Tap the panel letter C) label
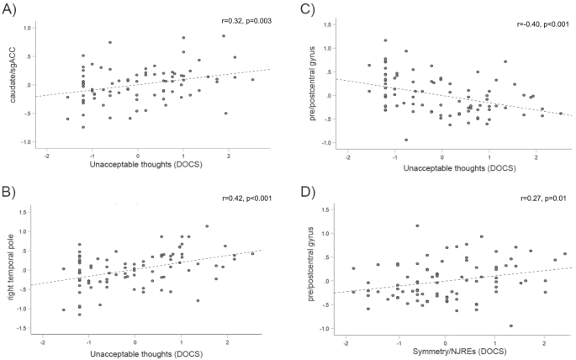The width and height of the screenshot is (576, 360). point(309,10)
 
